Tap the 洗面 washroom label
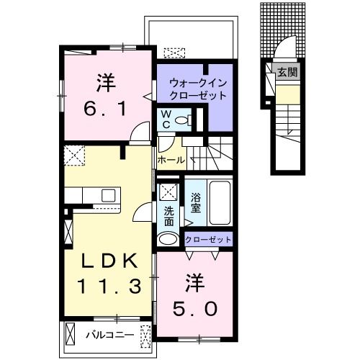click(168, 213)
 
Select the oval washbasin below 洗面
click(167, 240)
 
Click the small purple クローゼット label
click(209, 240)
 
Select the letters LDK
click(107, 259)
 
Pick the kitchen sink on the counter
click(108, 195)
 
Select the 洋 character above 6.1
click(106, 82)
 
